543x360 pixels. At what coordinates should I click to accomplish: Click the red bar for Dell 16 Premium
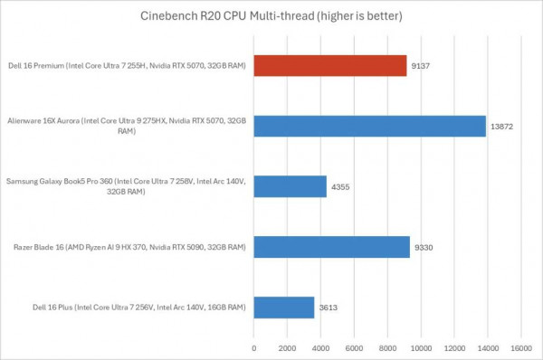click(330, 65)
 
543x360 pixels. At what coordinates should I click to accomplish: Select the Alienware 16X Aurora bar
click(370, 126)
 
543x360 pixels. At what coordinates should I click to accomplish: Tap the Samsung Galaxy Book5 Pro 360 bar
click(291, 186)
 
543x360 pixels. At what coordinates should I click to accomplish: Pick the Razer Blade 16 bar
click(332, 246)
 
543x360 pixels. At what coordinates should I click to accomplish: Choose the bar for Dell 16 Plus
click(284, 307)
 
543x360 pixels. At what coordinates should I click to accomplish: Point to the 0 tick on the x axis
click(254, 346)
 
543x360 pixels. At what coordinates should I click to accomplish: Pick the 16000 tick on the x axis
click(521, 346)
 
